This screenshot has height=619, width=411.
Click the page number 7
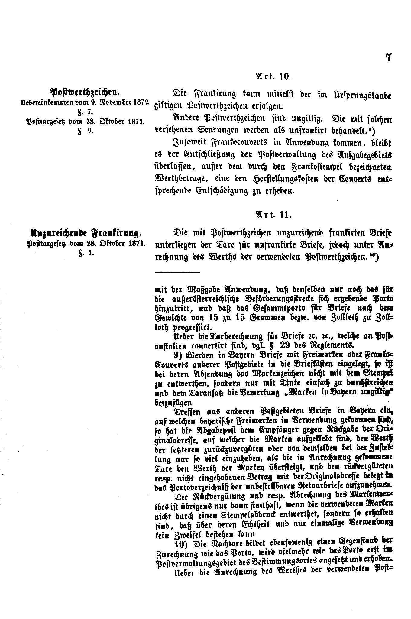point(389,57)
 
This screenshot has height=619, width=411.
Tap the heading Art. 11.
point(273,215)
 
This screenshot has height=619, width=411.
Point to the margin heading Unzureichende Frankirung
point(85,233)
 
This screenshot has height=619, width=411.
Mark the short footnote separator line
point(177,272)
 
